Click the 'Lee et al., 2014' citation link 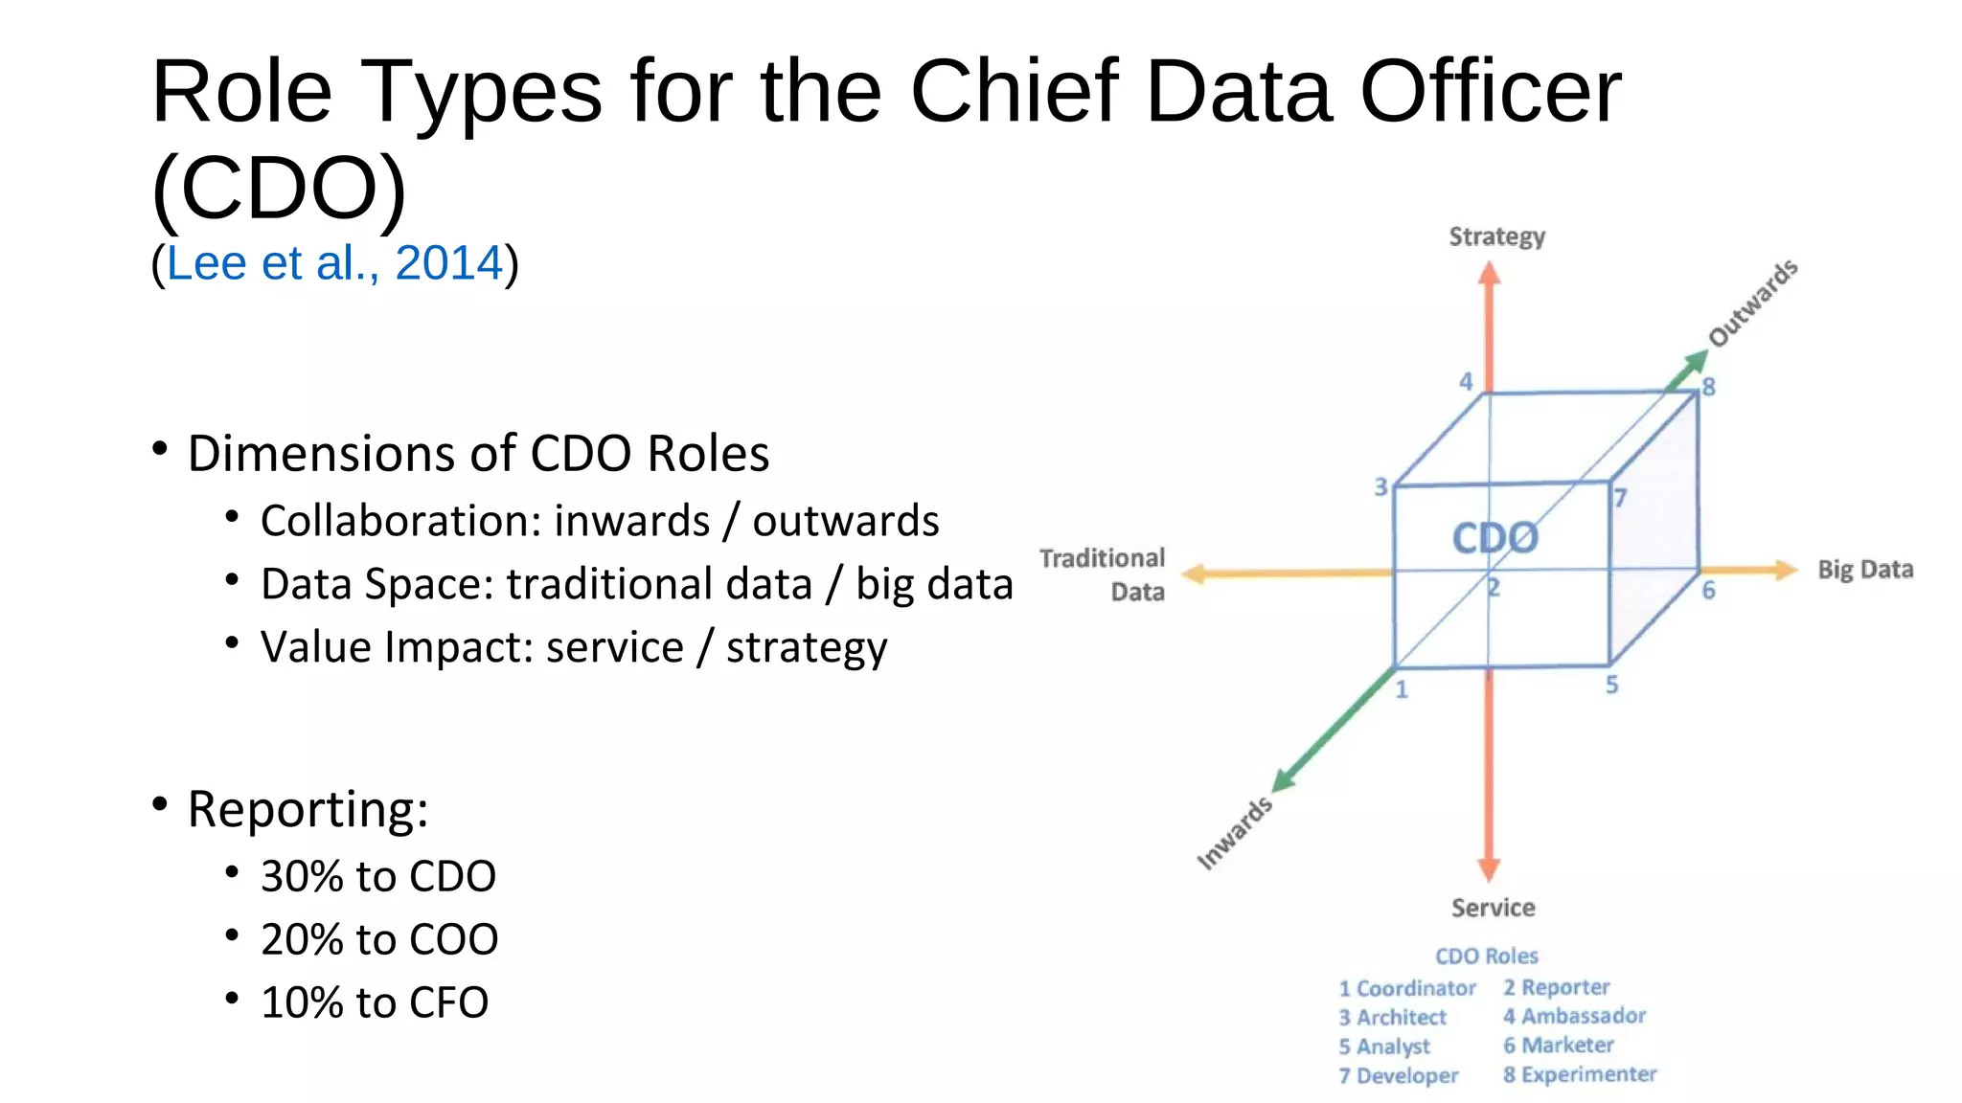pos(334,263)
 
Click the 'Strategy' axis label pos(1496,236)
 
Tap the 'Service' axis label pos(1493,908)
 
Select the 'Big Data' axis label pos(1865,570)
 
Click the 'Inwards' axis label pos(1235,833)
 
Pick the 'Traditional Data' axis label pos(1103,574)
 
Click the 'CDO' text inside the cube pos(1494,538)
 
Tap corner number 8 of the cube pos(1708,388)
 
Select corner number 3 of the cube pos(1380,487)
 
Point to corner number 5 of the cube pos(1612,685)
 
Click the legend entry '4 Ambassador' pos(1574,1016)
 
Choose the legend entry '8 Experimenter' pos(1579,1074)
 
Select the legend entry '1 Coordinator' pos(1407,988)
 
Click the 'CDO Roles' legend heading pos(1486,956)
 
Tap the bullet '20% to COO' pos(379,939)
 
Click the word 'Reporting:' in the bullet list pos(308,809)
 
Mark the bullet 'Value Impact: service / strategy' pos(574,647)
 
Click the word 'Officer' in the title pos(1491,91)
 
